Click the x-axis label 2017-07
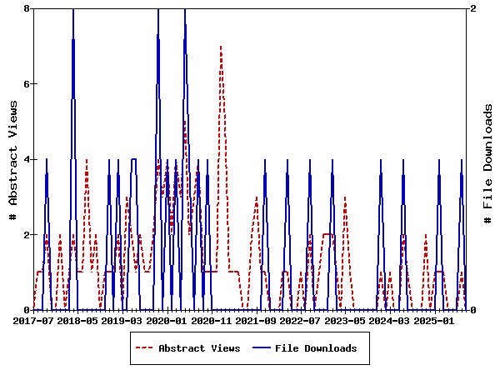[34, 320]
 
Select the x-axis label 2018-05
[77, 320]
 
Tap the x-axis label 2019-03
[122, 320]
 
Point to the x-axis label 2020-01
[167, 320]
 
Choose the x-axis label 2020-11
[212, 320]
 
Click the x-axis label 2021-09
[256, 320]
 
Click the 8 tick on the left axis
[27, 8]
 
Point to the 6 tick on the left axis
[27, 84]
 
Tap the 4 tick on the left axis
[27, 159]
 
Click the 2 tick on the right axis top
[473, 8]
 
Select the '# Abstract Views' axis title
[12, 159]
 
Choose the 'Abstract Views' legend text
[199, 348]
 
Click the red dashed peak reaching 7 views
[221, 47]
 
